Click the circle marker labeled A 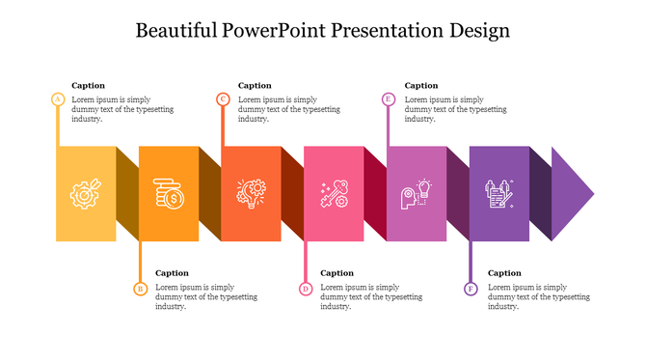(58, 99)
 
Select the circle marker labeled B (140, 288)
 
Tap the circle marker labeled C (223, 99)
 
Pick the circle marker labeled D (306, 288)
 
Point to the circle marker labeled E (389, 99)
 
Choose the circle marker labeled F (471, 288)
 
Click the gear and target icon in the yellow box (85, 194)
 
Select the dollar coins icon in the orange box (169, 194)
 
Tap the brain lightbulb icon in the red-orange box (251, 194)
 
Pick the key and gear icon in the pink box (334, 194)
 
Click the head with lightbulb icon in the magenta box (417, 194)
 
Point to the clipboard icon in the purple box (498, 194)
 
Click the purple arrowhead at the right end (574, 194)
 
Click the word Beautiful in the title (176, 31)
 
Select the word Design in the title (479, 31)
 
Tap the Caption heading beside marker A (89, 85)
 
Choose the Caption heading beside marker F (504, 273)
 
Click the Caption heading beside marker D (337, 273)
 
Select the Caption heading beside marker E (421, 85)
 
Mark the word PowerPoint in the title (275, 31)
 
